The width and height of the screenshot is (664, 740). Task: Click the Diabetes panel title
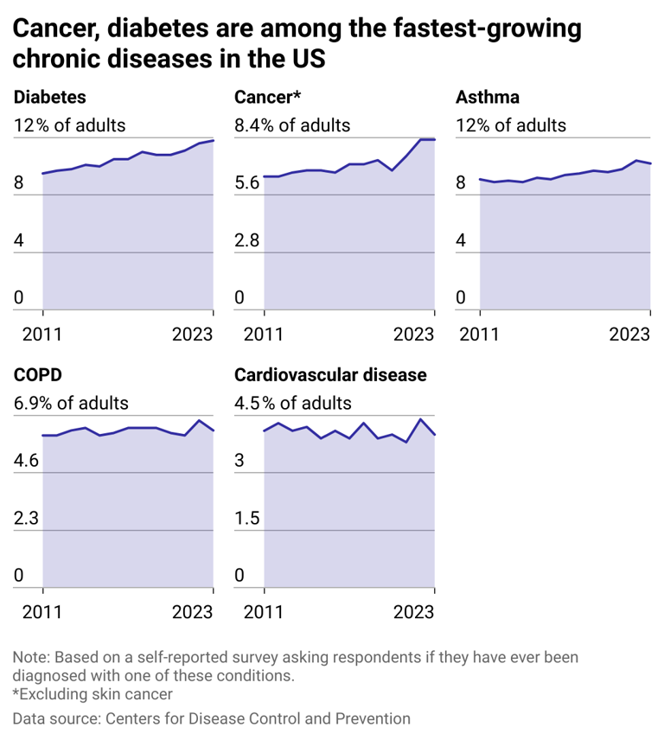point(49,97)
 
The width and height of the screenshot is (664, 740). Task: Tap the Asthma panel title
point(488,97)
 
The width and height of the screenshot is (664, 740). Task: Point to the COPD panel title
point(37,375)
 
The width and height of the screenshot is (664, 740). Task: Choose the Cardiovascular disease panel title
point(330,375)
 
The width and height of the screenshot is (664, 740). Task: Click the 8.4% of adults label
point(292,125)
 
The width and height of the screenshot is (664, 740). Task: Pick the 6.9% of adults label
point(71,404)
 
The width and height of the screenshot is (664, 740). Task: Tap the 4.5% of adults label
point(293,404)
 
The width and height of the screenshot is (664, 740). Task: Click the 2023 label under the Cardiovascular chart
point(412,612)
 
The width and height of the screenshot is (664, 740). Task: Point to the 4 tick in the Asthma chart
point(461,240)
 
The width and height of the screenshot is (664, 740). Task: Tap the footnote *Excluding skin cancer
point(93,694)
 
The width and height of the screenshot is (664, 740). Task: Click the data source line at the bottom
point(211,718)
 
